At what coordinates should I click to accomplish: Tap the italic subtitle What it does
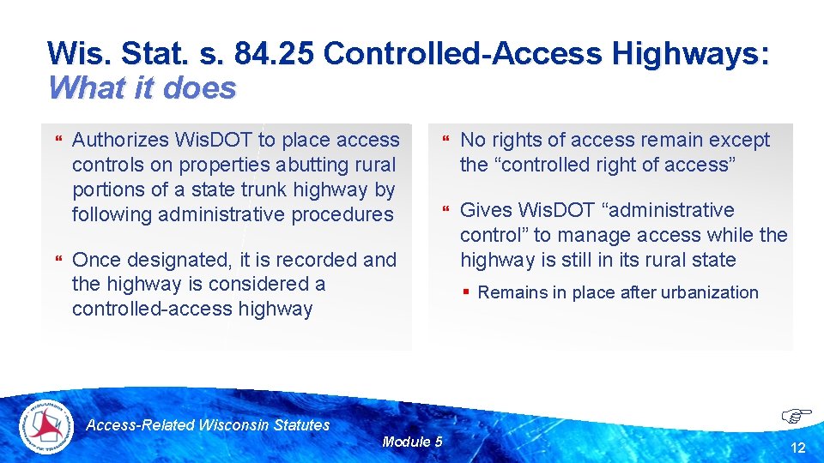click(142, 87)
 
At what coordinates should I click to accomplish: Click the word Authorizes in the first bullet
click(120, 140)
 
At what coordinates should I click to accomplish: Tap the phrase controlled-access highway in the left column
click(192, 309)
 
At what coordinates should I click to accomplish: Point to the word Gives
click(487, 210)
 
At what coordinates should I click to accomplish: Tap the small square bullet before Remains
click(465, 292)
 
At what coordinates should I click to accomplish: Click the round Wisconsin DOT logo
click(47, 426)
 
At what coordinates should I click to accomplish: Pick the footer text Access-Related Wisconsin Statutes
click(209, 424)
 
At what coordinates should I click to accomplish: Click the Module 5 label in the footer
click(412, 442)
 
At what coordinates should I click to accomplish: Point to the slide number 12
click(798, 448)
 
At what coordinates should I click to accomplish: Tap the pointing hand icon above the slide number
click(797, 417)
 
